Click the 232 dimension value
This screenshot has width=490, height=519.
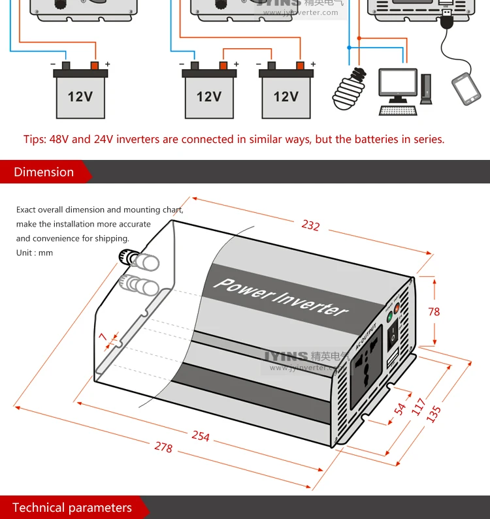point(310,225)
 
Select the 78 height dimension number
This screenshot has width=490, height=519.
point(434,311)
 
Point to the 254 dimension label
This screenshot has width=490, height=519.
point(201,435)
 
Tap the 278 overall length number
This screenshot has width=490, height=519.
point(163,447)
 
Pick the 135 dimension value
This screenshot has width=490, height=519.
point(434,414)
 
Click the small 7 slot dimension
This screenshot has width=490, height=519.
point(103,336)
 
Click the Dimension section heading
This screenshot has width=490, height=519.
point(44,172)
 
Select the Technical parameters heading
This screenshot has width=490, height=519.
point(72,508)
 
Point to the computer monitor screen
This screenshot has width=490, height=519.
point(399,84)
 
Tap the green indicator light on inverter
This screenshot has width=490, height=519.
point(390,318)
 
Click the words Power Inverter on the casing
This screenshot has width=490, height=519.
point(281,296)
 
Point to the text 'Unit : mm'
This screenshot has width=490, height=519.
point(35,253)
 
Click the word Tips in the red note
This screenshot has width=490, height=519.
point(34,140)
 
